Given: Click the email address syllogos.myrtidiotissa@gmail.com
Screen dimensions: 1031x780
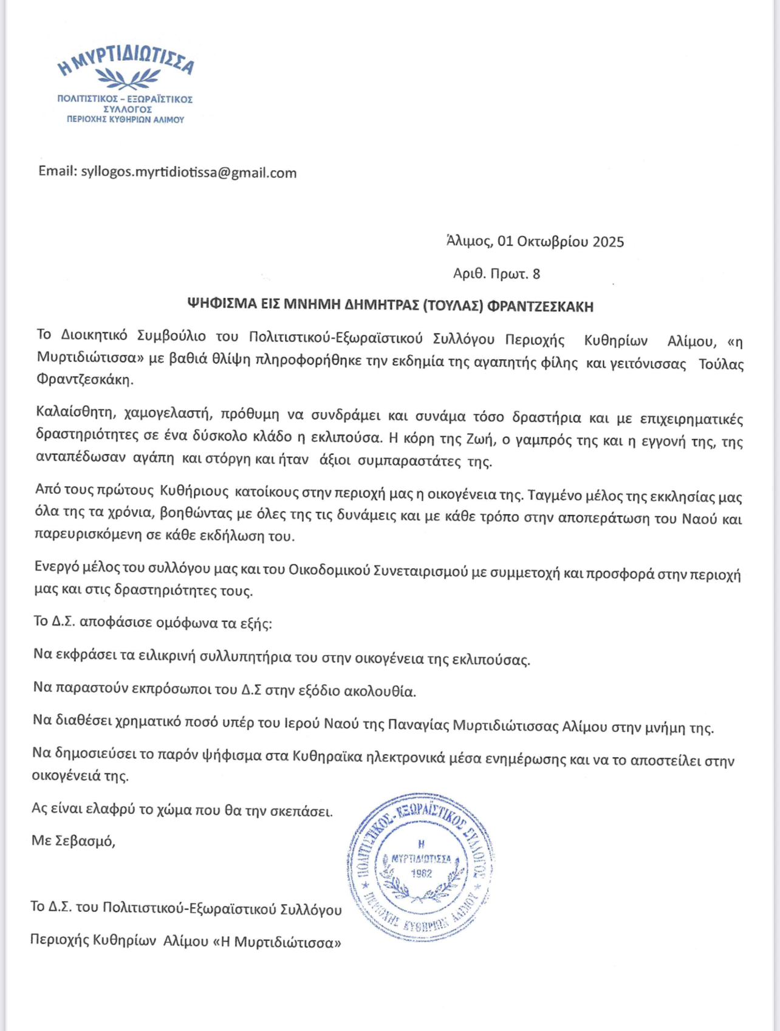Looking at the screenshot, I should click(x=189, y=173).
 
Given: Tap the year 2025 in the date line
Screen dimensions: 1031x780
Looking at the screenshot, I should click(x=608, y=242).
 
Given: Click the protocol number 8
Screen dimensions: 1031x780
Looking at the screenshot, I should click(x=536, y=274).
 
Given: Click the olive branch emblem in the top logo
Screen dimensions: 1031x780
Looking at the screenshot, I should click(x=128, y=78).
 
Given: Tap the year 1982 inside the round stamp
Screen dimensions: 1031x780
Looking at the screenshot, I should click(x=422, y=874).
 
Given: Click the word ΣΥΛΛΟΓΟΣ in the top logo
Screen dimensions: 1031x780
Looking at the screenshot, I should click(x=127, y=109).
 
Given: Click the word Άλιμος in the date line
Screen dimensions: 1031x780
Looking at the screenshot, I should click(x=468, y=241).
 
